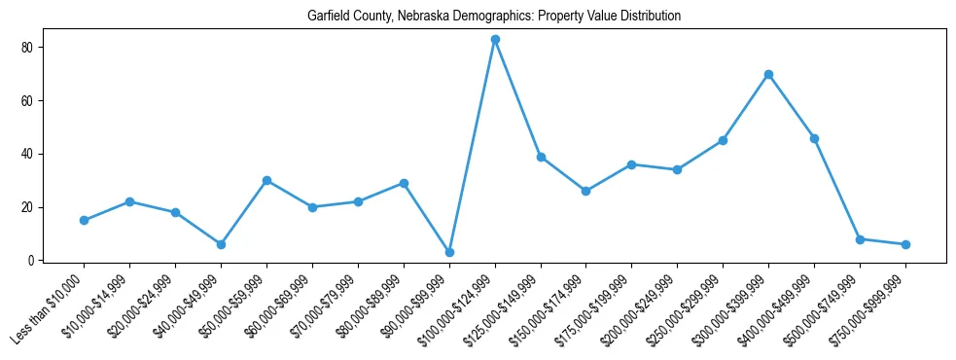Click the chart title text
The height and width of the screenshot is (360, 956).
click(x=494, y=17)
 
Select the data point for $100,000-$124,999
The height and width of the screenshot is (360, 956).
click(x=495, y=39)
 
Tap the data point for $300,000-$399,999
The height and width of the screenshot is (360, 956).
click(x=768, y=74)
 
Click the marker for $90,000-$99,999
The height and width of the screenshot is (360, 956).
click(x=449, y=252)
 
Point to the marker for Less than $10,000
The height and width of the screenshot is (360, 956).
click(x=84, y=220)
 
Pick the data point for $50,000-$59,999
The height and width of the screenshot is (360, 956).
click(x=266, y=180)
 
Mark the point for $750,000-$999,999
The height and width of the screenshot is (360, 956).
click(x=905, y=244)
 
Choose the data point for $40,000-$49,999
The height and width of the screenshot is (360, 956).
click(x=221, y=244)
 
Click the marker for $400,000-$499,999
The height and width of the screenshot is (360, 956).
click(x=814, y=138)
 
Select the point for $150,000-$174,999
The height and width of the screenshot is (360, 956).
click(x=585, y=191)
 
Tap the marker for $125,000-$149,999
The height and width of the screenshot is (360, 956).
click(x=541, y=157)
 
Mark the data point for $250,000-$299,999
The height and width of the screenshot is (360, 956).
click(x=723, y=140)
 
